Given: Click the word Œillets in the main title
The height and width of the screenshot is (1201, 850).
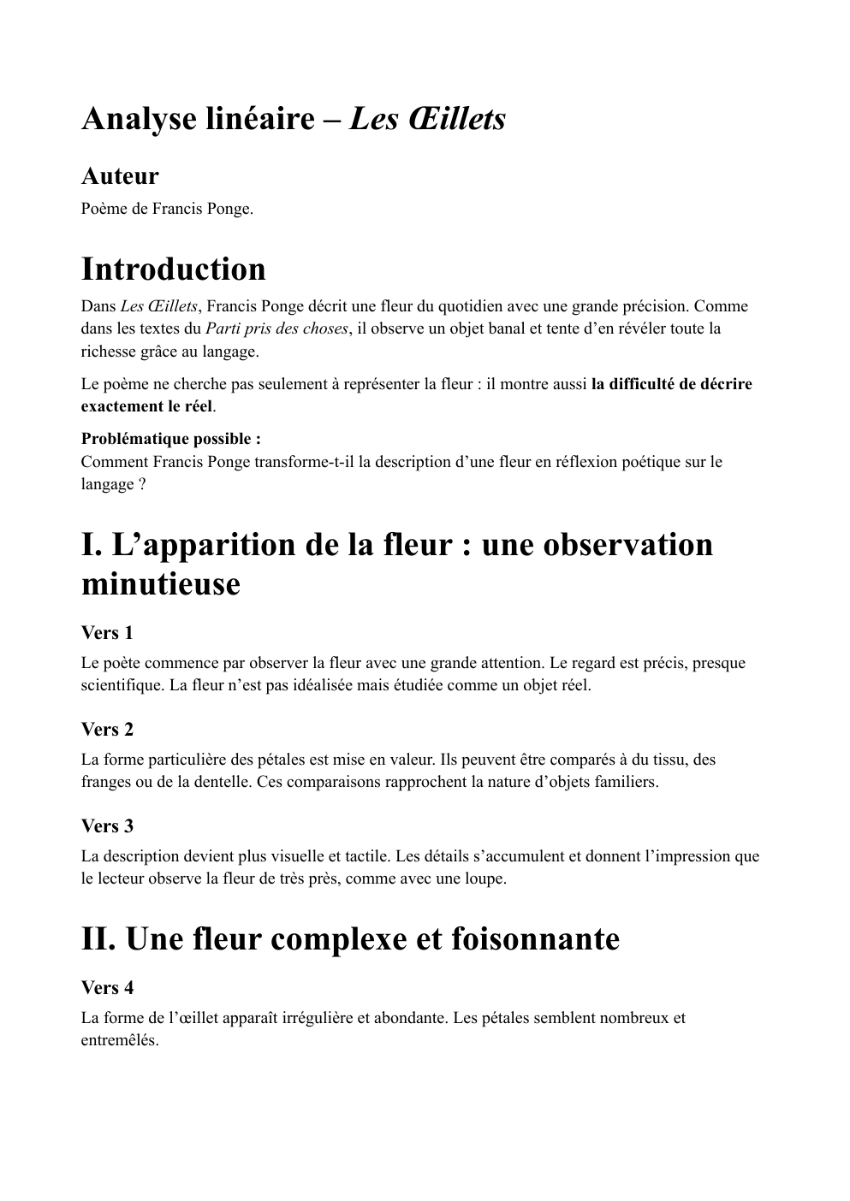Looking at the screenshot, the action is pos(452,119).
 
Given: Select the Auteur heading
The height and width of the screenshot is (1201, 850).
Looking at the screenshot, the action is pos(120,176).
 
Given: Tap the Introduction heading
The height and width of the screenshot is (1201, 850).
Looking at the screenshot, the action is pos(174,269).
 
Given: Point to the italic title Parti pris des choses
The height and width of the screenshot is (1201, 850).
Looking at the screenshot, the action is pos(277,328).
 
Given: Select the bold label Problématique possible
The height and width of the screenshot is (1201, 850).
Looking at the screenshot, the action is pos(171,439).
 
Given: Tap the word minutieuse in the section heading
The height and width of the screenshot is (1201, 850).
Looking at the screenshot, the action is pos(161,585).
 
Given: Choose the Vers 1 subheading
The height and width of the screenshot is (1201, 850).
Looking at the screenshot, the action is pos(107,633).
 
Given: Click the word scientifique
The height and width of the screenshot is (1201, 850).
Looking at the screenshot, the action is pos(121,685).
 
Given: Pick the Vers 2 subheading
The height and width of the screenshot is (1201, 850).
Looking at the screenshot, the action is pos(107,730).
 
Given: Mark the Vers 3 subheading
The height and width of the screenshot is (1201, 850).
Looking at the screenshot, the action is pos(107,826).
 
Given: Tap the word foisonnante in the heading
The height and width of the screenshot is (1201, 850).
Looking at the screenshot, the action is pos(531,939).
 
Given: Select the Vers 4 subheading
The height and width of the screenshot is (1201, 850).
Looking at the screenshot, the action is pos(107,988).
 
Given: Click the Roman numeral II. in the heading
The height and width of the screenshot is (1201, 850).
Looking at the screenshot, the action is pos(98,939).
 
